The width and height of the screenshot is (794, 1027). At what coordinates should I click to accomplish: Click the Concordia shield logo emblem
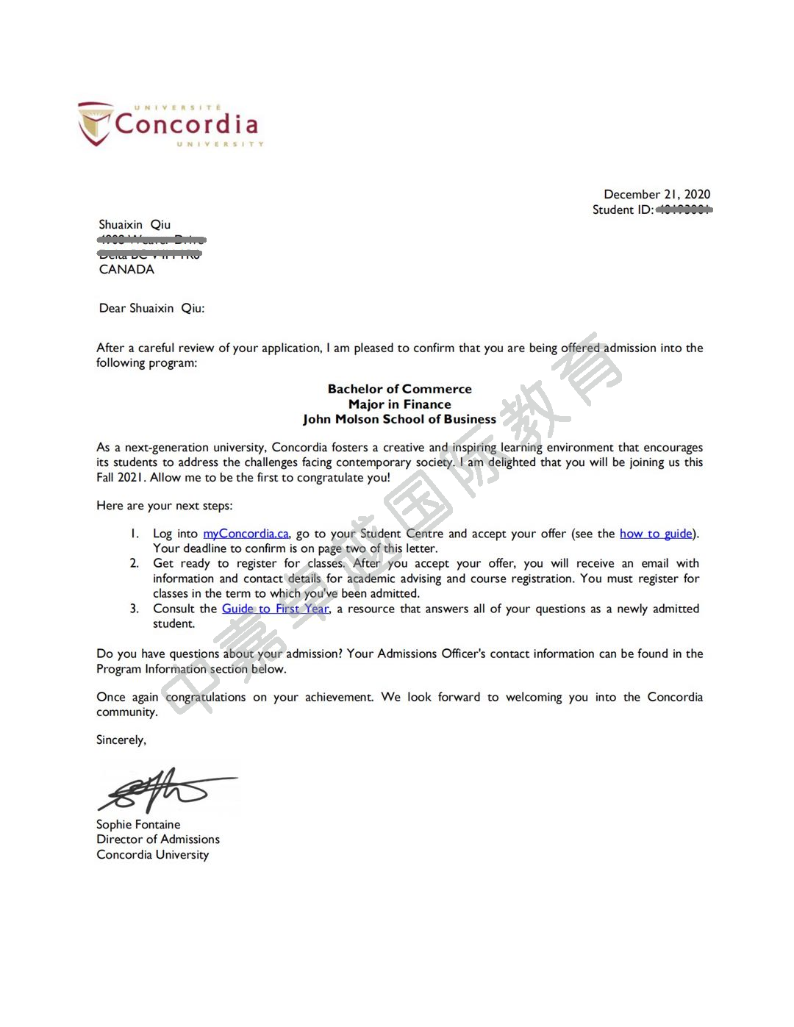tap(96, 124)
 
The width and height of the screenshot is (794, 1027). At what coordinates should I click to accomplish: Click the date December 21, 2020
tap(657, 194)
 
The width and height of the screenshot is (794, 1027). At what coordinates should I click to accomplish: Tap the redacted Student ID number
tap(684, 210)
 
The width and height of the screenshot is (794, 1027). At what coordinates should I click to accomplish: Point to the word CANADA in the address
tap(126, 270)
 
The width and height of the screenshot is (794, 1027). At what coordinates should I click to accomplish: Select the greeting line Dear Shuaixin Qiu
tap(151, 309)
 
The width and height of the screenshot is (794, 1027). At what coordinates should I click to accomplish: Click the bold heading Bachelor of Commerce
tap(399, 389)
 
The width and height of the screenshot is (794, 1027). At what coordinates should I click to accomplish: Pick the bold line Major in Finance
tap(399, 404)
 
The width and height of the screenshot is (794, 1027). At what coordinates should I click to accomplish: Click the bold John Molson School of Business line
tap(399, 420)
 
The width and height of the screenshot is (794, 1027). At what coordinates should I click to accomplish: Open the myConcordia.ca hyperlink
tap(246, 534)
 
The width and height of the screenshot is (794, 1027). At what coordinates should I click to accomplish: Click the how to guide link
tap(655, 534)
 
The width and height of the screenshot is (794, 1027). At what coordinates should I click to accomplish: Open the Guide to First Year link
tap(275, 609)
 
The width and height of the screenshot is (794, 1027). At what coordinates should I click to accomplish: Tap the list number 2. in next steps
tap(135, 564)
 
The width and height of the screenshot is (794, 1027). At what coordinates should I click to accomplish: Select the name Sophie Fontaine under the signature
tap(138, 825)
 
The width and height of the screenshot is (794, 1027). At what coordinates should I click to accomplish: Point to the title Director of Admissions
tap(158, 840)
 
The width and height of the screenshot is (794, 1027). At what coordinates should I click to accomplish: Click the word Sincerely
tap(121, 740)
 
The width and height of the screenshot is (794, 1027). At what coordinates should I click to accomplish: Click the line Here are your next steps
tap(164, 506)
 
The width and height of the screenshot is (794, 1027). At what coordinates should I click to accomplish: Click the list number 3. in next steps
tap(135, 609)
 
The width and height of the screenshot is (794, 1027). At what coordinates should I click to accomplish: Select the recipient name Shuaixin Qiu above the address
tap(135, 225)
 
